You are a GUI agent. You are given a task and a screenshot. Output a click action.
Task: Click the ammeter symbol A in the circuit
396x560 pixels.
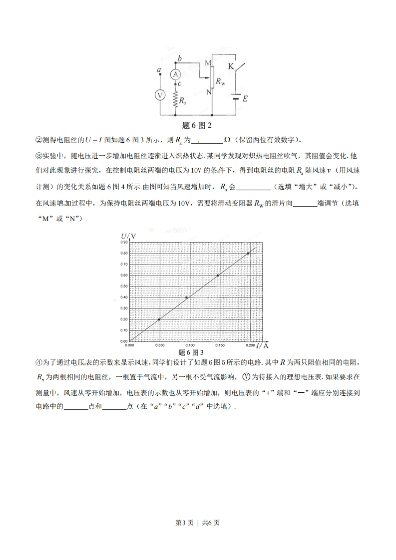pos(175,74)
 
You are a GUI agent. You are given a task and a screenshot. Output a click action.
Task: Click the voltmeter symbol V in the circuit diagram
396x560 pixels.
pos(159,96)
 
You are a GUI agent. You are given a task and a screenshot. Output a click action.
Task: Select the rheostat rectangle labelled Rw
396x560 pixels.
pos(212,76)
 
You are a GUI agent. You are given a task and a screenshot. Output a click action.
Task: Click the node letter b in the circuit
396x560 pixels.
pos(179,59)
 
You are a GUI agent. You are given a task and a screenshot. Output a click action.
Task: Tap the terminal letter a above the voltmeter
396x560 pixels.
pos(159,70)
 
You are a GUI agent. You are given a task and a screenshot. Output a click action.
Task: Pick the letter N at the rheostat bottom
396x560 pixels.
pos(209,92)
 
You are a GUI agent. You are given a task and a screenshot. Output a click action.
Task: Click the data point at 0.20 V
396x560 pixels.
pos(159,319)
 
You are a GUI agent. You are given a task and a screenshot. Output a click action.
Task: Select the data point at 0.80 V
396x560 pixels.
pos(248,253)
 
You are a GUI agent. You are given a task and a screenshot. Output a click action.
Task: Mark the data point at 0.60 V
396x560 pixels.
pos(218,275)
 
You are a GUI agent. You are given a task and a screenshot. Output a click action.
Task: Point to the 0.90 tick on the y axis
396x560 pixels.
pos(124,242)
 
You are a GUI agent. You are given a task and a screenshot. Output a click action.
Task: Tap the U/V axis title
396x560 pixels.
pos(128,236)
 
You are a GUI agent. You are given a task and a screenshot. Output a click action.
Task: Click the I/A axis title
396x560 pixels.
pos(263,345)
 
